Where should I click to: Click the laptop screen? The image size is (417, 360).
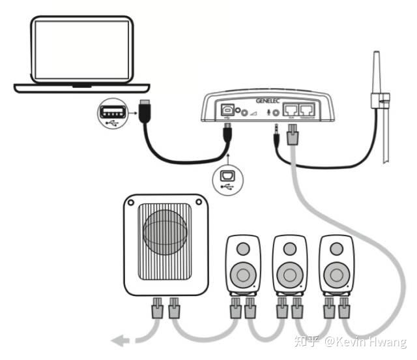pos(82,50)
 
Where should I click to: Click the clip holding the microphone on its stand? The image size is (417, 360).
pos(379,102)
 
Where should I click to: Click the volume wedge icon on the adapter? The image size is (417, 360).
pos(254,113)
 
